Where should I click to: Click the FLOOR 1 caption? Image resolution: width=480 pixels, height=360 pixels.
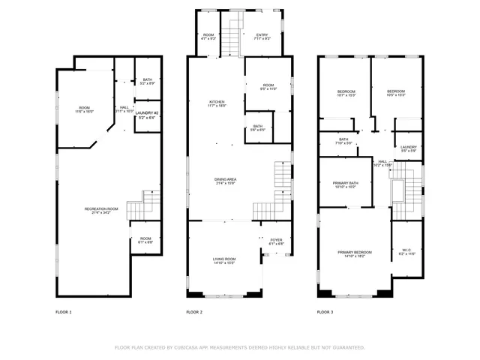64,311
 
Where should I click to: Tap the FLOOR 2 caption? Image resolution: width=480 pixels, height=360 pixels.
195,311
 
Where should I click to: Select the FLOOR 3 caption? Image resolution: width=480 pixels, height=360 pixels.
325,311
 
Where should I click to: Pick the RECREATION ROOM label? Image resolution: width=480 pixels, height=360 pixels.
101,211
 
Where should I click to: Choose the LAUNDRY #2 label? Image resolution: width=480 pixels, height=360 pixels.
147,115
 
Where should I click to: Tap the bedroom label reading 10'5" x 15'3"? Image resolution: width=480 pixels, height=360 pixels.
395,94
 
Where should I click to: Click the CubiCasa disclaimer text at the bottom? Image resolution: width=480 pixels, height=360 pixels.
239,347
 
